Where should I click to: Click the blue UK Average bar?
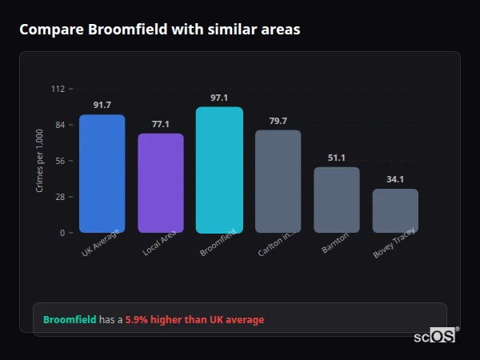pyautogui.click(x=102, y=174)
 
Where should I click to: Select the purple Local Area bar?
pyautogui.click(x=161, y=183)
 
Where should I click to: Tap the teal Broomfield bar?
pyautogui.click(x=219, y=170)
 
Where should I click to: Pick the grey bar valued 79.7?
pyautogui.click(x=278, y=182)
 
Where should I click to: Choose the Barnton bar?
pyautogui.click(x=337, y=200)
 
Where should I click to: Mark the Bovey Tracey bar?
pyautogui.click(x=395, y=211)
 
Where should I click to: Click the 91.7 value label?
pyautogui.click(x=102, y=106)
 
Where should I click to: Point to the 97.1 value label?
pyautogui.click(x=219, y=98)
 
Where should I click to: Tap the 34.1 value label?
pyautogui.click(x=395, y=179)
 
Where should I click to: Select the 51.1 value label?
pyautogui.click(x=337, y=158)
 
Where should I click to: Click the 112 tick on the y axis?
pyautogui.click(x=58, y=89)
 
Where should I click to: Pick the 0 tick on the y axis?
pyautogui.click(x=62, y=233)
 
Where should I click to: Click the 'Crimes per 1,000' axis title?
pyautogui.click(x=40, y=161)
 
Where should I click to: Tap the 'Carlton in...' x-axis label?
pyautogui.click(x=277, y=246)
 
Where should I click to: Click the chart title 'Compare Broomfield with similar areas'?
pyautogui.click(x=160, y=30)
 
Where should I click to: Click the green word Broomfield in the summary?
pyautogui.click(x=69, y=320)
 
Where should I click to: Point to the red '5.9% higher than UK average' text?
pyautogui.click(x=194, y=320)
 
